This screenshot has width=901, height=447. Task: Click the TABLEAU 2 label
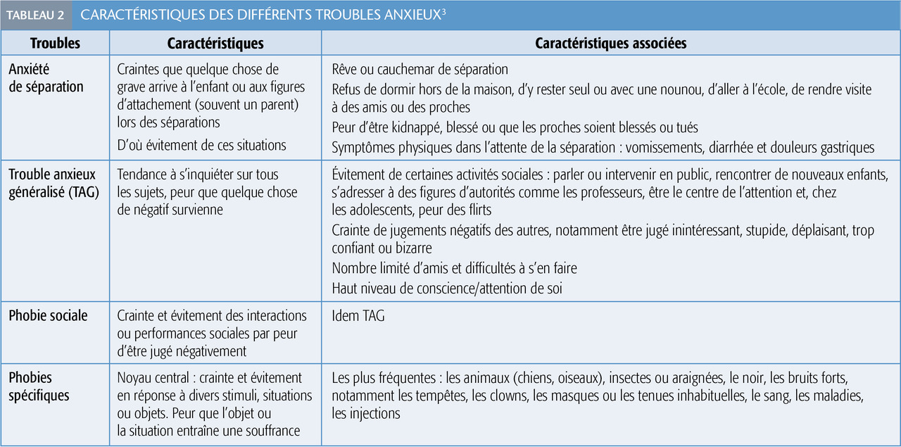click(35, 15)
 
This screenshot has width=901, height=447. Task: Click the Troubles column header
click(55, 44)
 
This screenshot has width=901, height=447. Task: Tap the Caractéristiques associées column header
click(610, 44)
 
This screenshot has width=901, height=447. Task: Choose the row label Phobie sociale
click(48, 316)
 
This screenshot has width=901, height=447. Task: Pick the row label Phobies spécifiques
click(39, 386)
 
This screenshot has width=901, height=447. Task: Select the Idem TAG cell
click(358, 316)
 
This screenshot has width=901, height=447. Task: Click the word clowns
click(509, 396)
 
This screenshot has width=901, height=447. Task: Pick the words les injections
click(366, 414)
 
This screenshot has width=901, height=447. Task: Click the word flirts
click(477, 210)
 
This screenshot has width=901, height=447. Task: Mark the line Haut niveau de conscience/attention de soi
click(447, 288)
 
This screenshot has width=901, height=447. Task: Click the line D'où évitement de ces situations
click(202, 145)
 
